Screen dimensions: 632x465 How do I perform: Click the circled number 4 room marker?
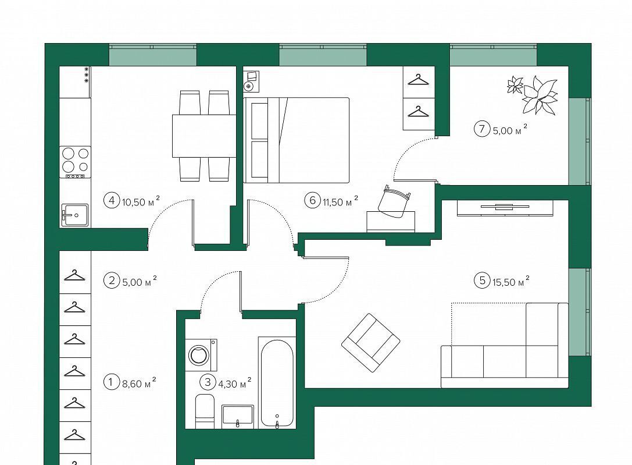coord(112,200)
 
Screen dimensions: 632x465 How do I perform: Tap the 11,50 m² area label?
coord(340,201)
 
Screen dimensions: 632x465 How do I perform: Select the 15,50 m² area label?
coord(510,281)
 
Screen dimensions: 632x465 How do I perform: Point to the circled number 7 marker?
coord(481,129)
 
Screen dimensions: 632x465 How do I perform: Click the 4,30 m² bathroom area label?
coord(234,382)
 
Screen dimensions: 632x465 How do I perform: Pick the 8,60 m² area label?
coord(139,382)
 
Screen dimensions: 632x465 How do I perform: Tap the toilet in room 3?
coord(205,411)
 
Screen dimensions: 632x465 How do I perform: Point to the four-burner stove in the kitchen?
coord(75,162)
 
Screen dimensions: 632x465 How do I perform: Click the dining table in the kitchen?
coord(204,136)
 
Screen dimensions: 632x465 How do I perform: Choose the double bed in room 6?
coord(297,140)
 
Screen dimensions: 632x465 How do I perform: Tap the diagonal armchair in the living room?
coord(371,342)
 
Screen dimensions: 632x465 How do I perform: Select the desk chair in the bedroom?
coord(394,201)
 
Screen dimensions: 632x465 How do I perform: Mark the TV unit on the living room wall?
coord(505,208)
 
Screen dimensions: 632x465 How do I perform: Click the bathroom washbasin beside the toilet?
coord(238,416)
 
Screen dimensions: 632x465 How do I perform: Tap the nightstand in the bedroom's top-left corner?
coord(251,81)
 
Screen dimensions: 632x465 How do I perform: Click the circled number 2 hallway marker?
coord(112,280)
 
